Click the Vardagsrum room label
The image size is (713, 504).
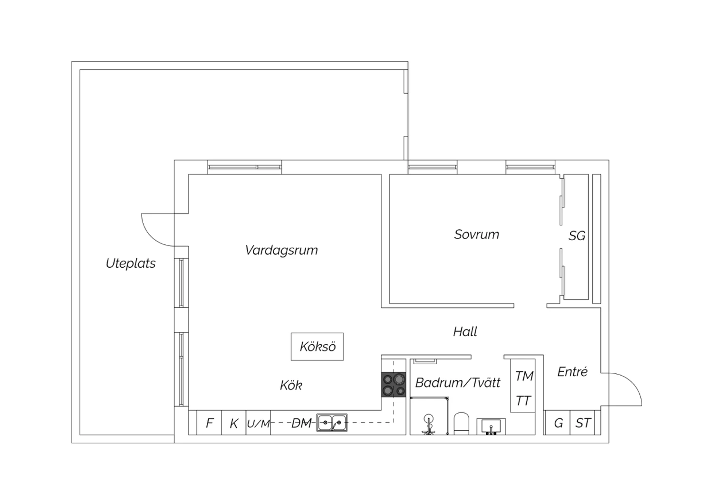(x=281, y=250)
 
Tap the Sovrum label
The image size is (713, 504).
(x=476, y=234)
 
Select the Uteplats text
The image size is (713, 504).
(x=131, y=263)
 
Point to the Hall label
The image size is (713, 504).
(x=465, y=331)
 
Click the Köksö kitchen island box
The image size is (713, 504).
(x=317, y=347)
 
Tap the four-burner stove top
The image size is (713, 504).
(x=394, y=384)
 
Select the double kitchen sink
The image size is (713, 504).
(x=332, y=422)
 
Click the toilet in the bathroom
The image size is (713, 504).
(x=461, y=423)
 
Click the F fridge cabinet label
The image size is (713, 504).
(x=209, y=423)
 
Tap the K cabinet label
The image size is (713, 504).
(x=234, y=423)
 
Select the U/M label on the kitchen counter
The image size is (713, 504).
(x=258, y=423)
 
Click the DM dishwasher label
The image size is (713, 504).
(x=301, y=423)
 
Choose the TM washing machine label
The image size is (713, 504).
(x=524, y=376)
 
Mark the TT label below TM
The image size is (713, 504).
(x=523, y=401)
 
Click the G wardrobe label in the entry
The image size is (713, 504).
(x=559, y=423)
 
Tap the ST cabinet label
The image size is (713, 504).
(x=583, y=423)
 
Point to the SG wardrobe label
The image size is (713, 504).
(x=577, y=236)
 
